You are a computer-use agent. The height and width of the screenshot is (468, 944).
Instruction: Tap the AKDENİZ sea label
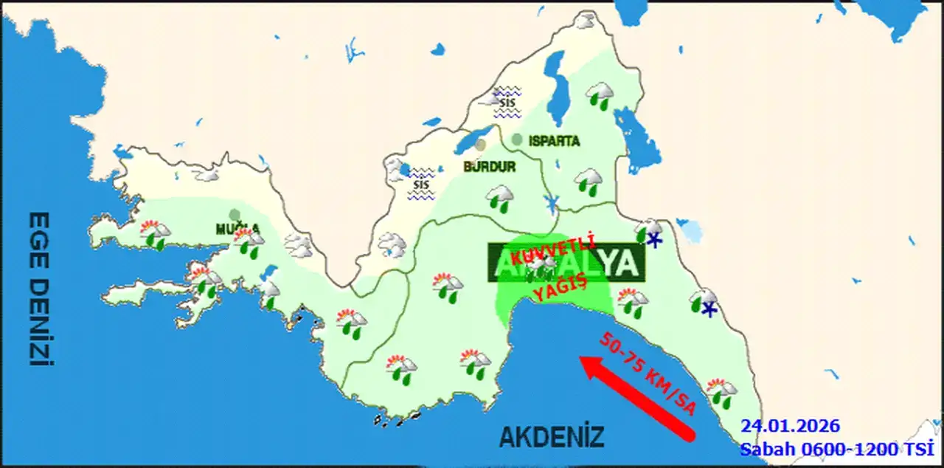tap(552, 436)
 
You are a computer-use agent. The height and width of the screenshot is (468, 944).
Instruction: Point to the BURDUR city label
tap(489, 167)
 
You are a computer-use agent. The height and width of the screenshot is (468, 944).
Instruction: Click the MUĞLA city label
tap(237, 229)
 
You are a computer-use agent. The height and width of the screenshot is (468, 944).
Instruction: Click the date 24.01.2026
tap(791, 426)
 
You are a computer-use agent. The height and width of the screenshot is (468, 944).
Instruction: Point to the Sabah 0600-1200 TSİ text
tap(836, 448)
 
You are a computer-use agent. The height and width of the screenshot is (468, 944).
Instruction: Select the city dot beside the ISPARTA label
tap(517, 139)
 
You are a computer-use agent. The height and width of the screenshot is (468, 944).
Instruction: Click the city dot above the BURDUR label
tap(481, 145)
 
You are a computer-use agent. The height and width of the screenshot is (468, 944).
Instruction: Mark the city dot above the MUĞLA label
tap(235, 215)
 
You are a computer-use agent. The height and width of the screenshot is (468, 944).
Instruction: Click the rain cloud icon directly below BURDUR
tap(500, 197)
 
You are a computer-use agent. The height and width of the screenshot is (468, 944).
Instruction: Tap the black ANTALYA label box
tap(566, 262)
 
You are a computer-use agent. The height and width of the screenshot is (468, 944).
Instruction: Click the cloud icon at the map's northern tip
tap(586, 21)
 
